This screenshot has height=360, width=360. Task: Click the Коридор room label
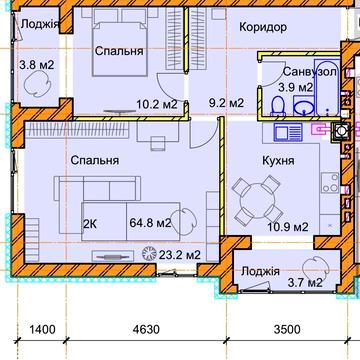(x=263, y=27)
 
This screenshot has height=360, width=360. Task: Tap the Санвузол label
(x=310, y=72)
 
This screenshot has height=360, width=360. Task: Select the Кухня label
(x=278, y=161)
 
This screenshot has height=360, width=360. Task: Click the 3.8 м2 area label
(x=36, y=65)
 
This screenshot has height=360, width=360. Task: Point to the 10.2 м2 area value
(x=157, y=105)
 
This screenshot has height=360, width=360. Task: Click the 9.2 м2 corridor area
(x=226, y=103)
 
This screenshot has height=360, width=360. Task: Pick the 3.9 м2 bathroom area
(x=296, y=88)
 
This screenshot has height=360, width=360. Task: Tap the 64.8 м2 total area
(x=150, y=223)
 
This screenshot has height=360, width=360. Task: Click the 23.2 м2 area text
(x=180, y=255)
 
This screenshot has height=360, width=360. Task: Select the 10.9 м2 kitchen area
(x=288, y=227)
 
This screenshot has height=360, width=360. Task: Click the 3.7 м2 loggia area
(x=305, y=283)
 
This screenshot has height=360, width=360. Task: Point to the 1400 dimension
(x=42, y=330)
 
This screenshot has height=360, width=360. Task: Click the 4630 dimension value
(x=146, y=330)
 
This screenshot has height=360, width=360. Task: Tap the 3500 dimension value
(x=287, y=330)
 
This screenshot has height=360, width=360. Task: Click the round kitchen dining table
(x=258, y=200)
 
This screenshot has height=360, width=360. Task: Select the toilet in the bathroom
(x=278, y=106)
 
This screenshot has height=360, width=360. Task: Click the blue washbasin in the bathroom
(x=304, y=106)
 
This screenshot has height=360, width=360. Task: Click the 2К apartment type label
(x=90, y=224)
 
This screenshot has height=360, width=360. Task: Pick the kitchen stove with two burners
(x=330, y=183)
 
